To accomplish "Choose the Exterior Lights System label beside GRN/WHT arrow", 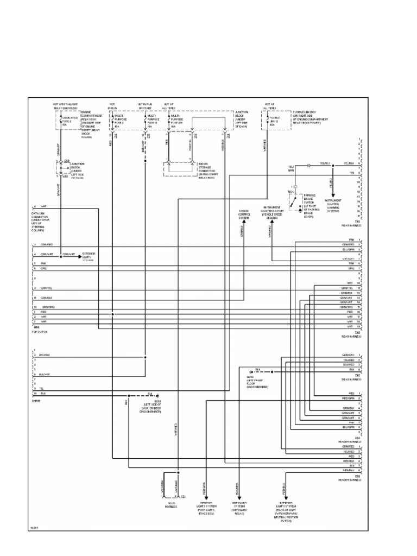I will point(89,256).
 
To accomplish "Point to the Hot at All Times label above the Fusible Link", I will point(269,105).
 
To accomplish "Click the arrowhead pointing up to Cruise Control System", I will point(243,220).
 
